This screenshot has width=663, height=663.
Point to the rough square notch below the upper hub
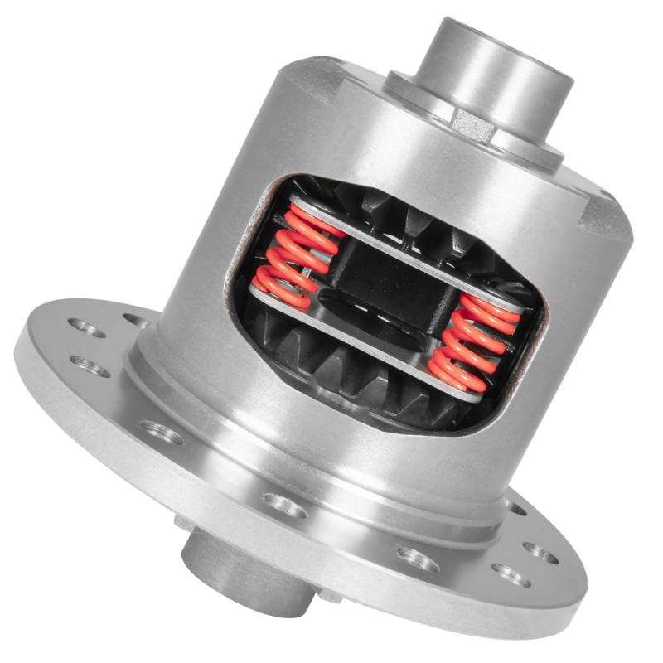click(x=473, y=124)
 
